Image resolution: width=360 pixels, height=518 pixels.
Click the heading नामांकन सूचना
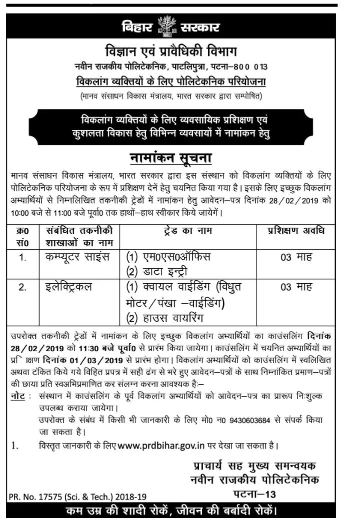171,158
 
